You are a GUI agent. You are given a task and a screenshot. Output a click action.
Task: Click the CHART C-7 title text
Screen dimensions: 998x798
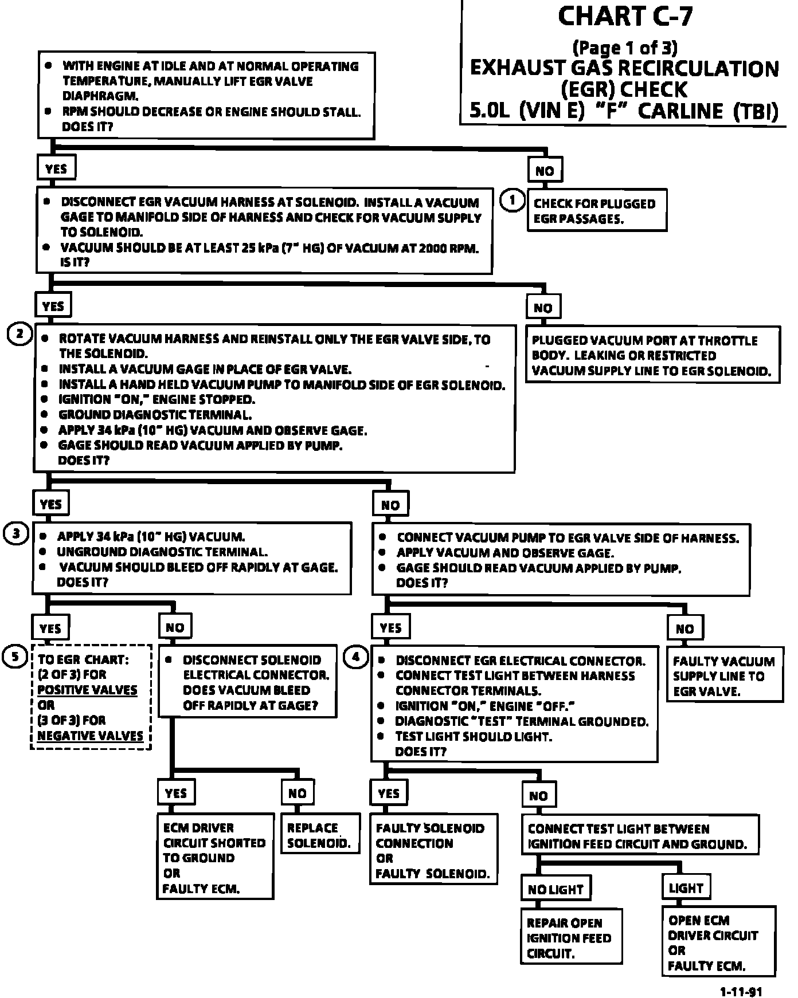coord(625,17)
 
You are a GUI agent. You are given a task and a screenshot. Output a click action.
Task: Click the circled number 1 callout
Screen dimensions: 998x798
coord(512,201)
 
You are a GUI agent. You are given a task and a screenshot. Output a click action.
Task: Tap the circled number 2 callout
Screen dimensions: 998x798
coord(19,334)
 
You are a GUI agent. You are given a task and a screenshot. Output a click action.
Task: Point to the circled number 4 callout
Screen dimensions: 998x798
coord(356,657)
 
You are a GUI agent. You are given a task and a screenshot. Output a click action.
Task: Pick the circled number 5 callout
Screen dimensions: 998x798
coord(15,656)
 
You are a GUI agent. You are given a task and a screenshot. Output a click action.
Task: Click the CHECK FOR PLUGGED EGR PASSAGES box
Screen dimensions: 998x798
coord(597,210)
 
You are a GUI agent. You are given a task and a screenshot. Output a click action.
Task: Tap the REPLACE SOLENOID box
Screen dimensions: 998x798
coord(320,835)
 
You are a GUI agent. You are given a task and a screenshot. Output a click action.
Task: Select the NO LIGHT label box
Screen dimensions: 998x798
coord(555,889)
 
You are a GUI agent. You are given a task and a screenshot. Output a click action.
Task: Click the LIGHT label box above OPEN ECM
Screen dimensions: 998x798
coord(686,888)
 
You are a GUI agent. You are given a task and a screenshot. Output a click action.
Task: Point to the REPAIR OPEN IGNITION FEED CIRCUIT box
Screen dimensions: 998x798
coord(571,938)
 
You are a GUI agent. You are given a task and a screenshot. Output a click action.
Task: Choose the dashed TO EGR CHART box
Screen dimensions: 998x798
coord(91,697)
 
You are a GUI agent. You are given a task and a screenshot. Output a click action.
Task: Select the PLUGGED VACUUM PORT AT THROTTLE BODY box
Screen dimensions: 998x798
coord(652,355)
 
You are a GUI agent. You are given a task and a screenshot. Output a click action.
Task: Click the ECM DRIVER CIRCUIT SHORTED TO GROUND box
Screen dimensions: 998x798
coord(215,858)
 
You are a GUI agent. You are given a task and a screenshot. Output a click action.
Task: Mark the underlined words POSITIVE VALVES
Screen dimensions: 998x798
coord(87,690)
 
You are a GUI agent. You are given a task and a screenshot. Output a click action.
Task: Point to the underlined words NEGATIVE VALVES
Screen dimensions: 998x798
coord(90,736)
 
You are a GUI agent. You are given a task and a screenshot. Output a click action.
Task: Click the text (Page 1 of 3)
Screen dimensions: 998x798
coord(625,47)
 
